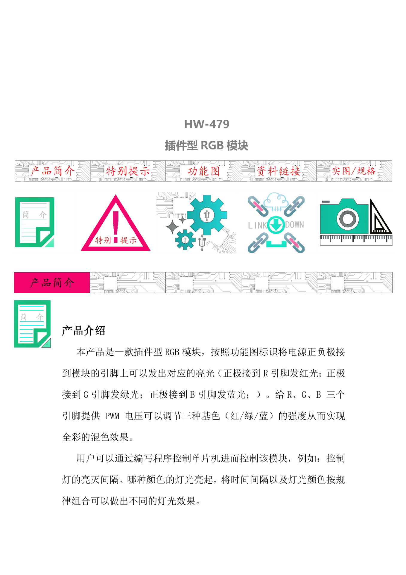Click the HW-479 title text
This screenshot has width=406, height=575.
pos(206,124)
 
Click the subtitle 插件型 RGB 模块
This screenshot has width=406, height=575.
pos(206,146)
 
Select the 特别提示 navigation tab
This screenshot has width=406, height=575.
pos(128,171)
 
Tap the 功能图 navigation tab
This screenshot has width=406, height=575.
pos(203,171)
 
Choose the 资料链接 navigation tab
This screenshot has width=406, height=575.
pos(279,171)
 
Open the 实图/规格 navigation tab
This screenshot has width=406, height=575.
pos(354,171)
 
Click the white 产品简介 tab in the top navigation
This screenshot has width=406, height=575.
pos(52,171)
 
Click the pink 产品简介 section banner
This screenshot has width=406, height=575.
pos(52,282)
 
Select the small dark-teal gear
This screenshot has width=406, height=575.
pos(185,240)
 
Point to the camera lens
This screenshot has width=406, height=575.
pos(348,218)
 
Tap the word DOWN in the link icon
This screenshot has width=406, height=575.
pos(294,225)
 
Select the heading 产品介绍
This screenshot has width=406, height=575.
pos(83,331)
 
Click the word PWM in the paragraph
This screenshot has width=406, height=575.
pos(112,416)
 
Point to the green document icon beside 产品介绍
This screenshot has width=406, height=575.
pos(32,324)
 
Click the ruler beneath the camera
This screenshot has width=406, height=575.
pos(356,240)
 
